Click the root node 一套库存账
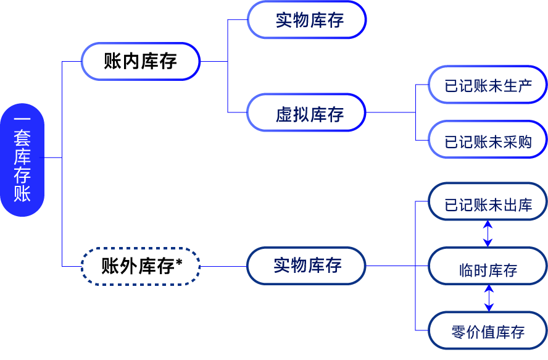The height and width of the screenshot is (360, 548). click(x=22, y=159)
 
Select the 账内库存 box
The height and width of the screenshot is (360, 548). click(x=140, y=61)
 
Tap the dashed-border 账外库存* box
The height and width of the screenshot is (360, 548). click(x=140, y=266)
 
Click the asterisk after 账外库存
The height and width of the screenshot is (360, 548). click(x=179, y=263)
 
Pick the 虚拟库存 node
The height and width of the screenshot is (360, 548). click(x=307, y=112)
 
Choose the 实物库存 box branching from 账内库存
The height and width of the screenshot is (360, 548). click(x=307, y=20)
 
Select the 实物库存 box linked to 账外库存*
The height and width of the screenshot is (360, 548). click(x=306, y=266)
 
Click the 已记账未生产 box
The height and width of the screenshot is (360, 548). click(x=488, y=85)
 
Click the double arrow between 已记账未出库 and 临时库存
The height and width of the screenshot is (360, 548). click(x=488, y=234)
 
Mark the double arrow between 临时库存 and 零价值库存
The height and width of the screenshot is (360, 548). click(x=489, y=298)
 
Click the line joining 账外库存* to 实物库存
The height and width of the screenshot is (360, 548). click(x=223, y=266)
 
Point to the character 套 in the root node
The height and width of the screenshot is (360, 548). click(x=22, y=138)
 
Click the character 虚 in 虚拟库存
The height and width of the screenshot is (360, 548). click(x=283, y=114)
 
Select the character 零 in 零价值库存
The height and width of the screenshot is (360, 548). click(x=458, y=332)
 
